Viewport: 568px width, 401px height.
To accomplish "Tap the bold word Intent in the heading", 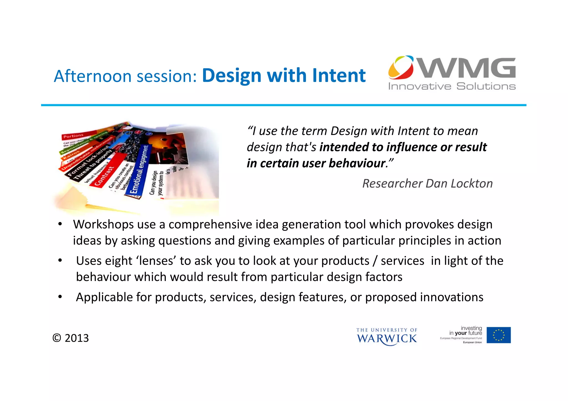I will point(339,75).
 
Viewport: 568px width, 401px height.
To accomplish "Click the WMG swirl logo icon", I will point(401,67).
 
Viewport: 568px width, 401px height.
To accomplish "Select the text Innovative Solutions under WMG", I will point(452,86).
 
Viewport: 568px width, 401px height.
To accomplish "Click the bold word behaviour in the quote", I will point(357,163).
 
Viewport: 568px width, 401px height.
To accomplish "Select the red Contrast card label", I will point(104,176).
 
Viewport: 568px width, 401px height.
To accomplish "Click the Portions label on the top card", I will point(73,136).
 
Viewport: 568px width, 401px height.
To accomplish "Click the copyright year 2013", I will point(77,338).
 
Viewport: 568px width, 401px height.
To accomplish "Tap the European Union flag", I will point(498,335).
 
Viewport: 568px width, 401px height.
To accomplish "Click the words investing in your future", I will point(466,331).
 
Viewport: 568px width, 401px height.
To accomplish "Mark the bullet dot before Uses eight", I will point(60,260).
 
